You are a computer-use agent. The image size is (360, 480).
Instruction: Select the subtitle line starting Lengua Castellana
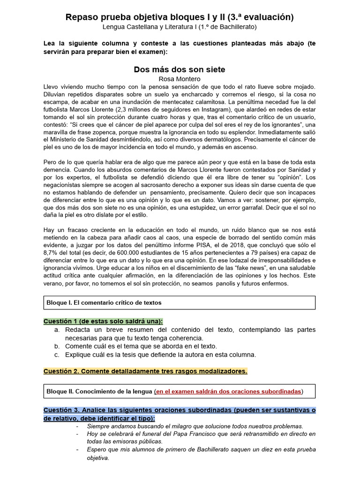coord(180,27)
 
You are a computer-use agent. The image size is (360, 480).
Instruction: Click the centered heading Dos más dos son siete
coord(180,69)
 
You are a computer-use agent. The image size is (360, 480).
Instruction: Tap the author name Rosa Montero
coord(180,79)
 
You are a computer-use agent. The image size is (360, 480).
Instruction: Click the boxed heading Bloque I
coord(104,303)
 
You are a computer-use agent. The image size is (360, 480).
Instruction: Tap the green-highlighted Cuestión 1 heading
coord(103,321)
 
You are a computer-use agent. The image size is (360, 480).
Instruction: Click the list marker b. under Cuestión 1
coord(57,346)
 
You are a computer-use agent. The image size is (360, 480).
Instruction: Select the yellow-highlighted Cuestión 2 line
coord(145,371)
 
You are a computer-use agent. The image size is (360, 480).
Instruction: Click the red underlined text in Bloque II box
coord(228,391)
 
